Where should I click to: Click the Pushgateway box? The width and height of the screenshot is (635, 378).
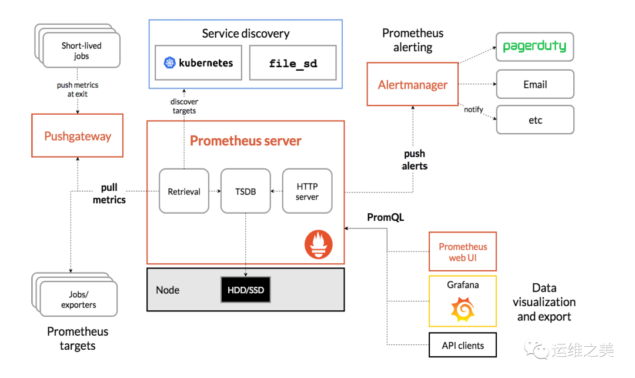[77, 136]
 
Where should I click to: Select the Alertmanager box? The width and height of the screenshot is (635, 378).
[412, 84]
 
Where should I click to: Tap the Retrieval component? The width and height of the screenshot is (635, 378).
[184, 191]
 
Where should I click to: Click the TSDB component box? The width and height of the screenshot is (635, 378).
[245, 191]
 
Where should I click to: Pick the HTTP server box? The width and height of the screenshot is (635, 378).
[307, 191]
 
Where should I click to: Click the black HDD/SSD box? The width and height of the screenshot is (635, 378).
[245, 290]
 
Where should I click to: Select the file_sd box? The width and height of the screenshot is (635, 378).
[293, 63]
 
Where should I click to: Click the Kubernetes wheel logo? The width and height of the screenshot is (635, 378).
[169, 63]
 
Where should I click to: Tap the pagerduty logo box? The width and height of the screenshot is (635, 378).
[534, 47]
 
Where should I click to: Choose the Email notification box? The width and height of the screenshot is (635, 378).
[534, 84]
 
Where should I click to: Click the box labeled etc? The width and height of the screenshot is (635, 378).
[534, 120]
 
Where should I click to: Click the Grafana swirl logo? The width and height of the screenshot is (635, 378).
[462, 309]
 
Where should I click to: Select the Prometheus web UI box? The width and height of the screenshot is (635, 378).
[463, 251]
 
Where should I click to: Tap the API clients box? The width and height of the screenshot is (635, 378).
[463, 345]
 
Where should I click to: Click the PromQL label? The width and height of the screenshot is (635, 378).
[385, 217]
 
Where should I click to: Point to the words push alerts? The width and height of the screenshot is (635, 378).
[415, 160]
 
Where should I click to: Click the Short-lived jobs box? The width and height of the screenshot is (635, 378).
[82, 51]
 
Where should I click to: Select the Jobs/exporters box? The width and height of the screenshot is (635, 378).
[79, 299]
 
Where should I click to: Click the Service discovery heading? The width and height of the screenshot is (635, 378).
[246, 34]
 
